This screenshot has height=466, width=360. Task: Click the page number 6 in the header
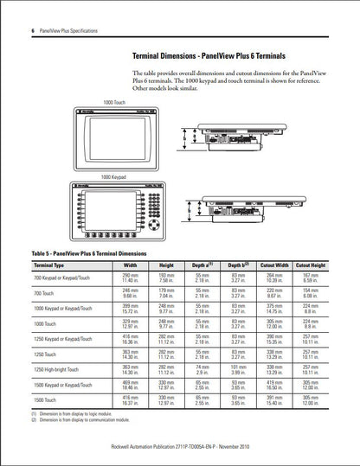pos(32,30)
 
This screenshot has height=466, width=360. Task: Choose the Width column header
pos(130,265)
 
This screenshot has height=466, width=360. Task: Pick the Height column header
pos(166,265)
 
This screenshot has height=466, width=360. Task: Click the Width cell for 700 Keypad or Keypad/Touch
pos(130,278)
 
